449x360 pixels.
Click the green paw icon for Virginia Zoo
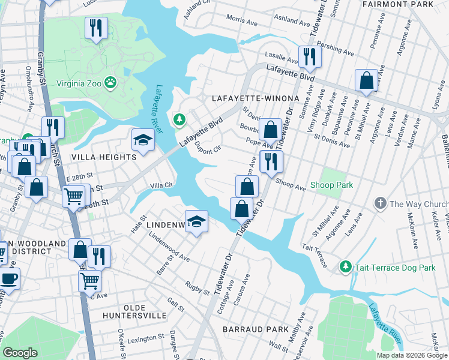[110, 82]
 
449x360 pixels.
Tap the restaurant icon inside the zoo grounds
[96, 28]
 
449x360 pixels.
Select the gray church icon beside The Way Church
[379, 204]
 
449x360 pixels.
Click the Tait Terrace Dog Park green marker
[345, 266]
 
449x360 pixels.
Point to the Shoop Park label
[332, 185]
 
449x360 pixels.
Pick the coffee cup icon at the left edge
[8, 278]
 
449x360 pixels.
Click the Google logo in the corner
[20, 353]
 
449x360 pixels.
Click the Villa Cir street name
[161, 185]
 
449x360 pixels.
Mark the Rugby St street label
[197, 288]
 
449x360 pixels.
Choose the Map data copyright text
[411, 355]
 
